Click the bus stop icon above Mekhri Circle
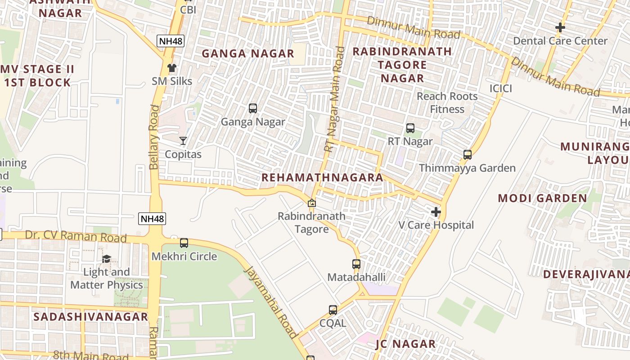pos(184,243)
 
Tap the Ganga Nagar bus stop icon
pos(253,108)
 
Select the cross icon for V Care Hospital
pos(436,212)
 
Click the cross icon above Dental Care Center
pos(560,27)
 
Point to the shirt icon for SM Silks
pos(172,68)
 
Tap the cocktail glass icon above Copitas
pos(183,141)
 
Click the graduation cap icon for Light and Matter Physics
pos(106,259)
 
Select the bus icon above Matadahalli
pos(356,264)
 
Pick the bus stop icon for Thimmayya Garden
pos(467,155)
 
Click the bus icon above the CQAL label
pos(333,310)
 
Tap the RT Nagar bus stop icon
pos(410,128)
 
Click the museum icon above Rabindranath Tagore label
pos(311,203)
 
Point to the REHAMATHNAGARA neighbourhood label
pos(322,178)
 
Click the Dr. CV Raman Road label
pos(76,236)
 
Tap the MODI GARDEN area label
pos(542,198)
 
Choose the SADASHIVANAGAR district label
pos(91,317)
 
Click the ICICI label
pos(500,89)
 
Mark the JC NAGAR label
pos(405,344)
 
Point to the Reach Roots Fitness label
pos(447,103)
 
